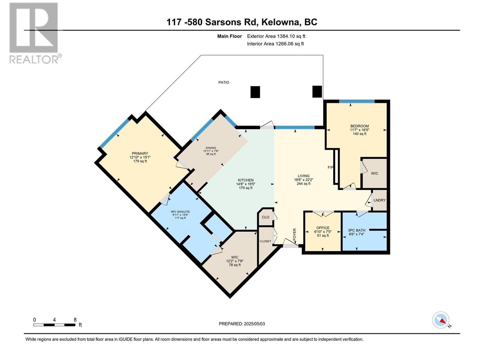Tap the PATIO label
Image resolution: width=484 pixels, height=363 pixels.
point(224,82)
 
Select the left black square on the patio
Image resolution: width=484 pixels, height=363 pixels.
point(255,92)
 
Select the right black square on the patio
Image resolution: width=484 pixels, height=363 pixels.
point(317,91)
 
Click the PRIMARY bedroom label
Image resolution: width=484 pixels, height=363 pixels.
point(140,153)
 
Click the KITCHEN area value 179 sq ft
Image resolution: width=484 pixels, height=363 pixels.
point(245,188)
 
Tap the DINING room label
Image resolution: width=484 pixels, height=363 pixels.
point(211,148)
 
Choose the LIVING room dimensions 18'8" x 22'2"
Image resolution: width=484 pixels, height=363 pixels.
point(303,180)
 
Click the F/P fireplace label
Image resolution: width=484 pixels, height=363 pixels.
point(330,167)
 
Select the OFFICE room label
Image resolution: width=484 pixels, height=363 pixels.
point(323,228)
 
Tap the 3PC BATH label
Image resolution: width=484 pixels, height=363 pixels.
point(357,230)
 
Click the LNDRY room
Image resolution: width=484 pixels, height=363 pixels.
point(379,200)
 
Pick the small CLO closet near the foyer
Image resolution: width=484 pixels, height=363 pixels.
point(266,217)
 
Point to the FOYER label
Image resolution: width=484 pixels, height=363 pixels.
point(294,234)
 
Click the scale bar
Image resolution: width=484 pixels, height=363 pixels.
point(54,325)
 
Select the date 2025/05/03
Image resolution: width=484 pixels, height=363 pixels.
point(254,324)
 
